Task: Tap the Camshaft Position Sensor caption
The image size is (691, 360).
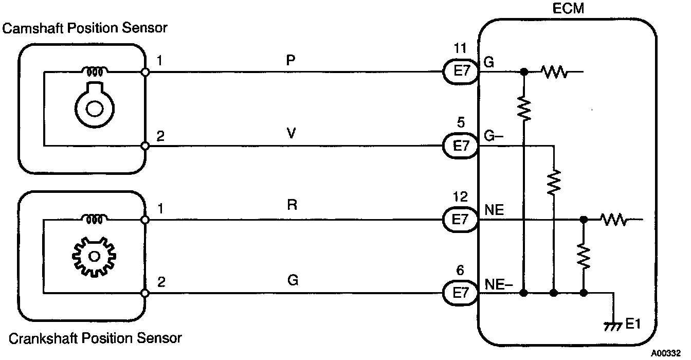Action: click(85, 28)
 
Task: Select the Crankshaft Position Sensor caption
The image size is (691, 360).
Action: click(95, 338)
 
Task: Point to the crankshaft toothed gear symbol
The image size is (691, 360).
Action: click(94, 256)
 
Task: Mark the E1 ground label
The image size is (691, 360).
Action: click(633, 325)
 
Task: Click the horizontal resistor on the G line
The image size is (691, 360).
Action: click(554, 73)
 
